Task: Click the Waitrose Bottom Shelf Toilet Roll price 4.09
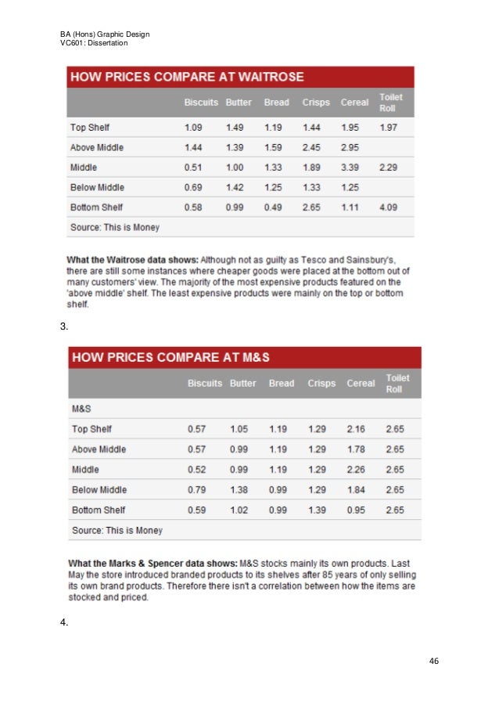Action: click(389, 207)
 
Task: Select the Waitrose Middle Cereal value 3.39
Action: click(350, 168)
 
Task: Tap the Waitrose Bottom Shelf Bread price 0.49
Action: click(273, 207)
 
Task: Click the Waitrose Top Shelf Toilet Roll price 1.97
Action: click(389, 128)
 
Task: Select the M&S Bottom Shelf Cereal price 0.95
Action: click(356, 510)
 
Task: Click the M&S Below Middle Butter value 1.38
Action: click(239, 490)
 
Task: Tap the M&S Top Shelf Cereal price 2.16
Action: click(356, 429)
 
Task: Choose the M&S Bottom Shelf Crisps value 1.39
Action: click(317, 510)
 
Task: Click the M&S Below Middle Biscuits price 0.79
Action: click(196, 490)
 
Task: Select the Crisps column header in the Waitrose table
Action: click(316, 103)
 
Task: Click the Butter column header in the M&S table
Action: click(243, 384)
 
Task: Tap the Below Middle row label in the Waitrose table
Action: click(97, 187)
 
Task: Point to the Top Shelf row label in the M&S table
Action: click(92, 429)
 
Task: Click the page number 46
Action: click(434, 662)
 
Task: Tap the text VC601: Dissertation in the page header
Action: click(94, 43)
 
